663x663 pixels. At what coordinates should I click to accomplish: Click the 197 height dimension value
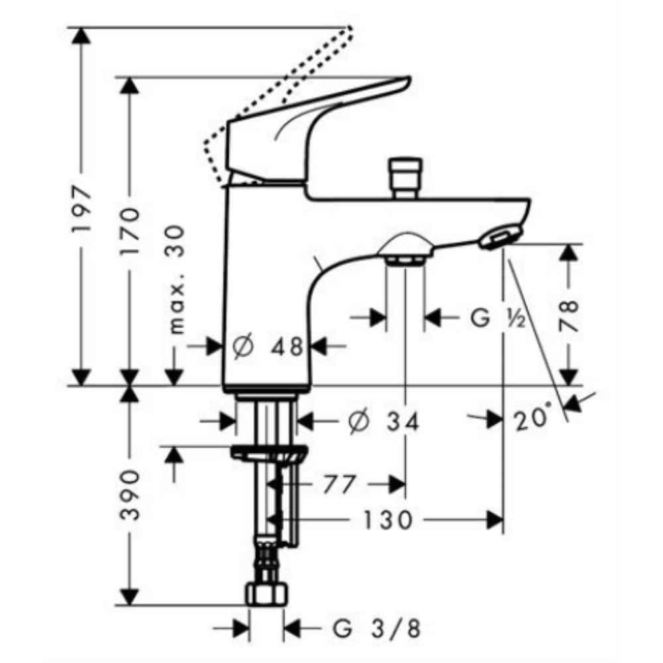pos(82,208)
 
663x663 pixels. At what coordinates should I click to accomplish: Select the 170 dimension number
pos(129,231)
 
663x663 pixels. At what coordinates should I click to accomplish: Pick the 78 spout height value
pos(568,315)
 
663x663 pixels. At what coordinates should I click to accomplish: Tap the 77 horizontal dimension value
pos(339,484)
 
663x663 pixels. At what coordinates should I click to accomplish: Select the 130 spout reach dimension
pos(388,520)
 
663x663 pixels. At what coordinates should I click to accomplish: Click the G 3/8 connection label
pos(377,629)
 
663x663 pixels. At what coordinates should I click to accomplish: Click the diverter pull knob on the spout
pos(406,178)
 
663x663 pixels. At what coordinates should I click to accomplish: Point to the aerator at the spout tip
pos(500,237)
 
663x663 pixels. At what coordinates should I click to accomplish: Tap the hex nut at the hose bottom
pos(267,594)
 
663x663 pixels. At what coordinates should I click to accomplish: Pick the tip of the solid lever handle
pos(409,79)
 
